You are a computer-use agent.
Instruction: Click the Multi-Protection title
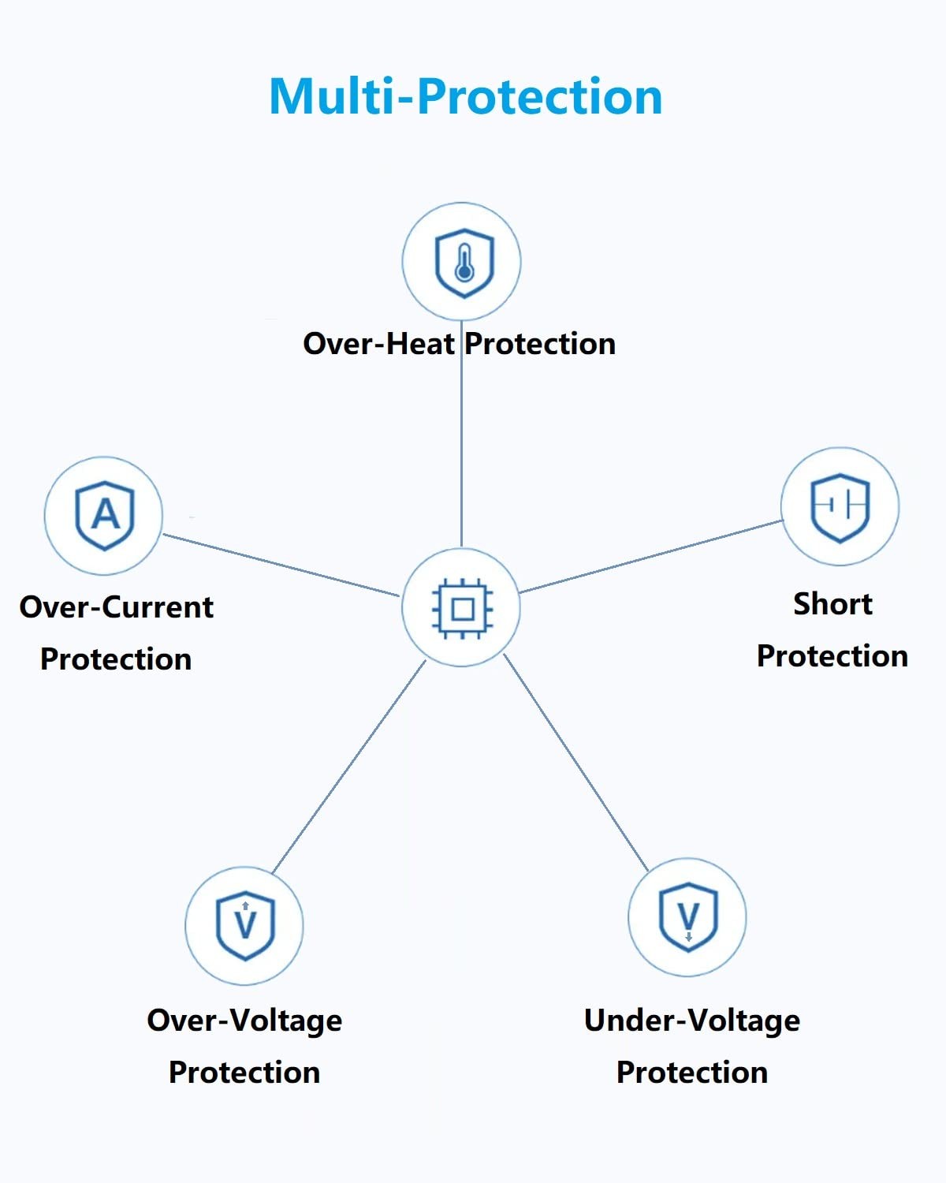point(466,96)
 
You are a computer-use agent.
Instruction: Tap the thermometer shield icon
point(464,263)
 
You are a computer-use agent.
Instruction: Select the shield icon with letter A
point(104,516)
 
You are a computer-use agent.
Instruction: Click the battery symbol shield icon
point(840,507)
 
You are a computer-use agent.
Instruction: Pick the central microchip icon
point(462,609)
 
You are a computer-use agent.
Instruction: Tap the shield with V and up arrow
point(245,926)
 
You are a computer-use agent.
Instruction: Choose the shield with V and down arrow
point(688,917)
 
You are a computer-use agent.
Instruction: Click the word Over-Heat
point(378,344)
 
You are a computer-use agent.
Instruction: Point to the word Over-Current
point(117,607)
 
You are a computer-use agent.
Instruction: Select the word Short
point(832,604)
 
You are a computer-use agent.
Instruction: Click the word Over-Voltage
point(244,1021)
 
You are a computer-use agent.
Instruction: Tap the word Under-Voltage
point(692,1021)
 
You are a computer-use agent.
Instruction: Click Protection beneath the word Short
point(832,656)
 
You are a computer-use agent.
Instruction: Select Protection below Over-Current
point(116,659)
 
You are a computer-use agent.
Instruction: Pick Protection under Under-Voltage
point(692,1073)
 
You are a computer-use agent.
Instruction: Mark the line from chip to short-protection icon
point(651,556)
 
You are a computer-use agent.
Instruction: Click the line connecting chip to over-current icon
point(281,565)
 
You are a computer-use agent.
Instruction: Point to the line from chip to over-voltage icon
point(349,767)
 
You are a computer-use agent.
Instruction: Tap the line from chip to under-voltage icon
point(576,763)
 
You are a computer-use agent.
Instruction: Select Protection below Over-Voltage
point(244,1073)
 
